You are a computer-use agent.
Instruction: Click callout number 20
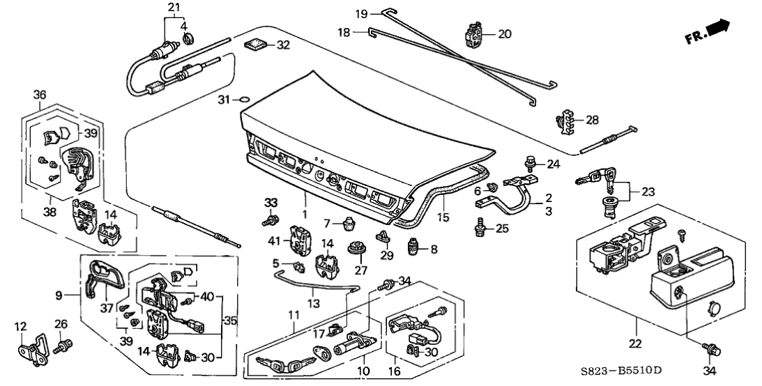(x=505, y=33)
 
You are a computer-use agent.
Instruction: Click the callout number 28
(x=593, y=120)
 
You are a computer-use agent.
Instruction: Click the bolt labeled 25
(x=480, y=226)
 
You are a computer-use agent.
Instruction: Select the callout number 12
(x=19, y=327)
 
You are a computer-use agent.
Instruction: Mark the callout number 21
(x=173, y=8)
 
